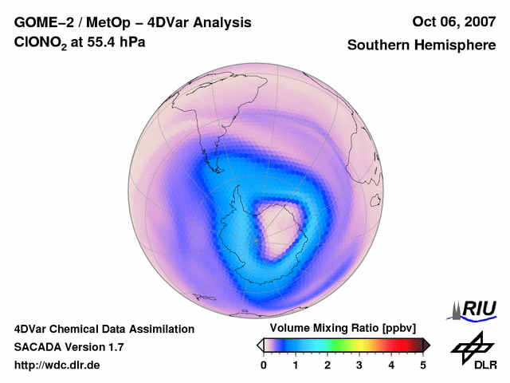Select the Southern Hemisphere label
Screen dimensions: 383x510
422,45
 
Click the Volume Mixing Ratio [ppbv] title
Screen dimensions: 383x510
343,329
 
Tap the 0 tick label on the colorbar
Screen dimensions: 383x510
264,365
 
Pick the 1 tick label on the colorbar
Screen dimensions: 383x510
296,365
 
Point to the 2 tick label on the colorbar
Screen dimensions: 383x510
328,365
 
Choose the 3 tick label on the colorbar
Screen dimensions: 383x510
359,365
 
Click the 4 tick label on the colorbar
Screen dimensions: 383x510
391,365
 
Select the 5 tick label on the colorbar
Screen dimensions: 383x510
423,365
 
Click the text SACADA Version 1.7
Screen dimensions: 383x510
69,347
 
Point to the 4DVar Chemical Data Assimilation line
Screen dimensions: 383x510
104,329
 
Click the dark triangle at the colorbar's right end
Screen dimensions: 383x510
426,345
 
